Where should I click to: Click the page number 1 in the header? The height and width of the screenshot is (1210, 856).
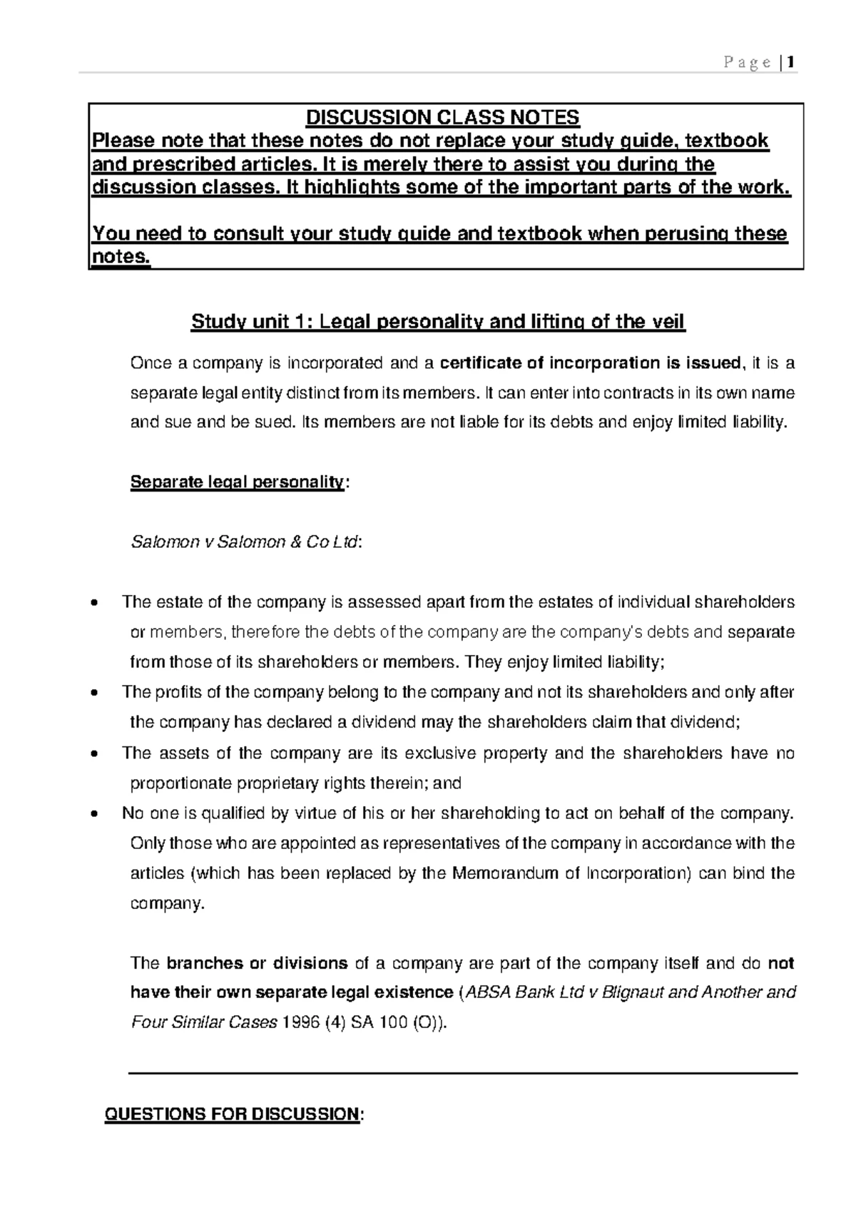pos(792,63)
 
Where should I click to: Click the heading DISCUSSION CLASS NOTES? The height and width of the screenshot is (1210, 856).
pos(442,117)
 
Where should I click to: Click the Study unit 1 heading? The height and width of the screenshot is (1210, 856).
pos(437,322)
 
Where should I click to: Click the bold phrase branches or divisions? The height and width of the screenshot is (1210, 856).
pos(257,963)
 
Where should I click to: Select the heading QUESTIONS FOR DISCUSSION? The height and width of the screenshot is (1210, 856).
pos(232,1114)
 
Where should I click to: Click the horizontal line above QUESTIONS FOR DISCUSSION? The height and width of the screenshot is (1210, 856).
pos(462,1072)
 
